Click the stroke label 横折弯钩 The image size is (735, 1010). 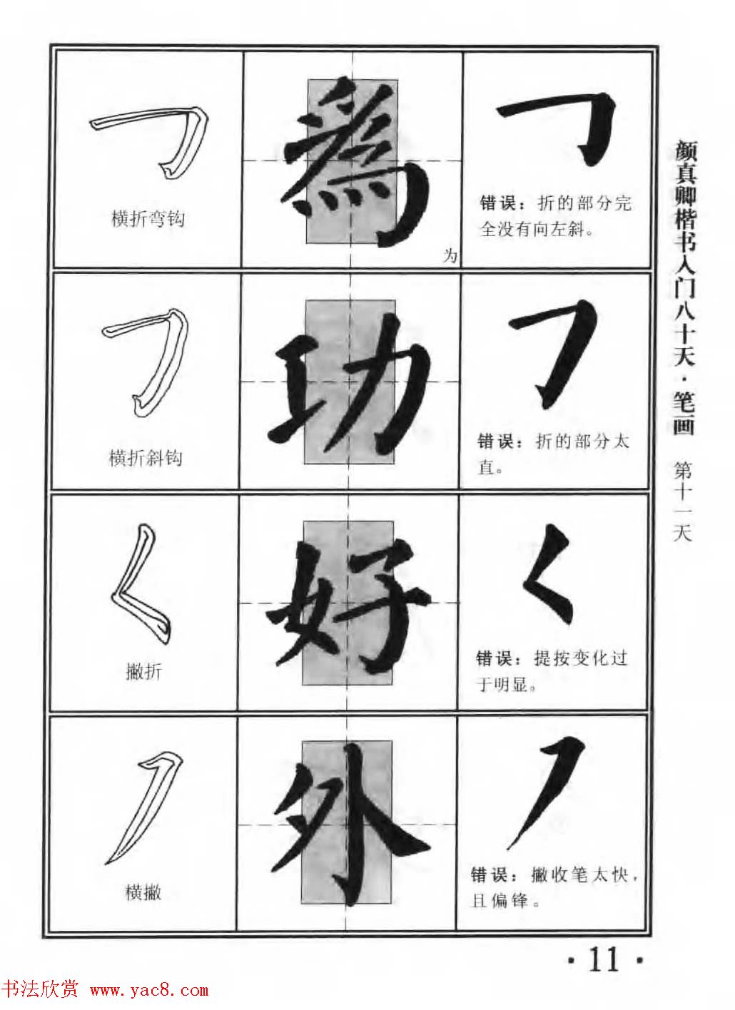pyautogui.click(x=148, y=218)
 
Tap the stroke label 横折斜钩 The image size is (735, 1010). pyautogui.click(x=146, y=457)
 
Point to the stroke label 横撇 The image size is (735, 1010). pyautogui.click(x=143, y=892)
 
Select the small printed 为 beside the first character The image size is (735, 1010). pyautogui.click(x=449, y=256)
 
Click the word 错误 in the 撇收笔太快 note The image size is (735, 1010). pyautogui.click(x=490, y=875)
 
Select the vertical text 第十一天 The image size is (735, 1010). pyautogui.click(x=682, y=501)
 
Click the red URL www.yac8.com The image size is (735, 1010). pyautogui.click(x=149, y=991)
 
